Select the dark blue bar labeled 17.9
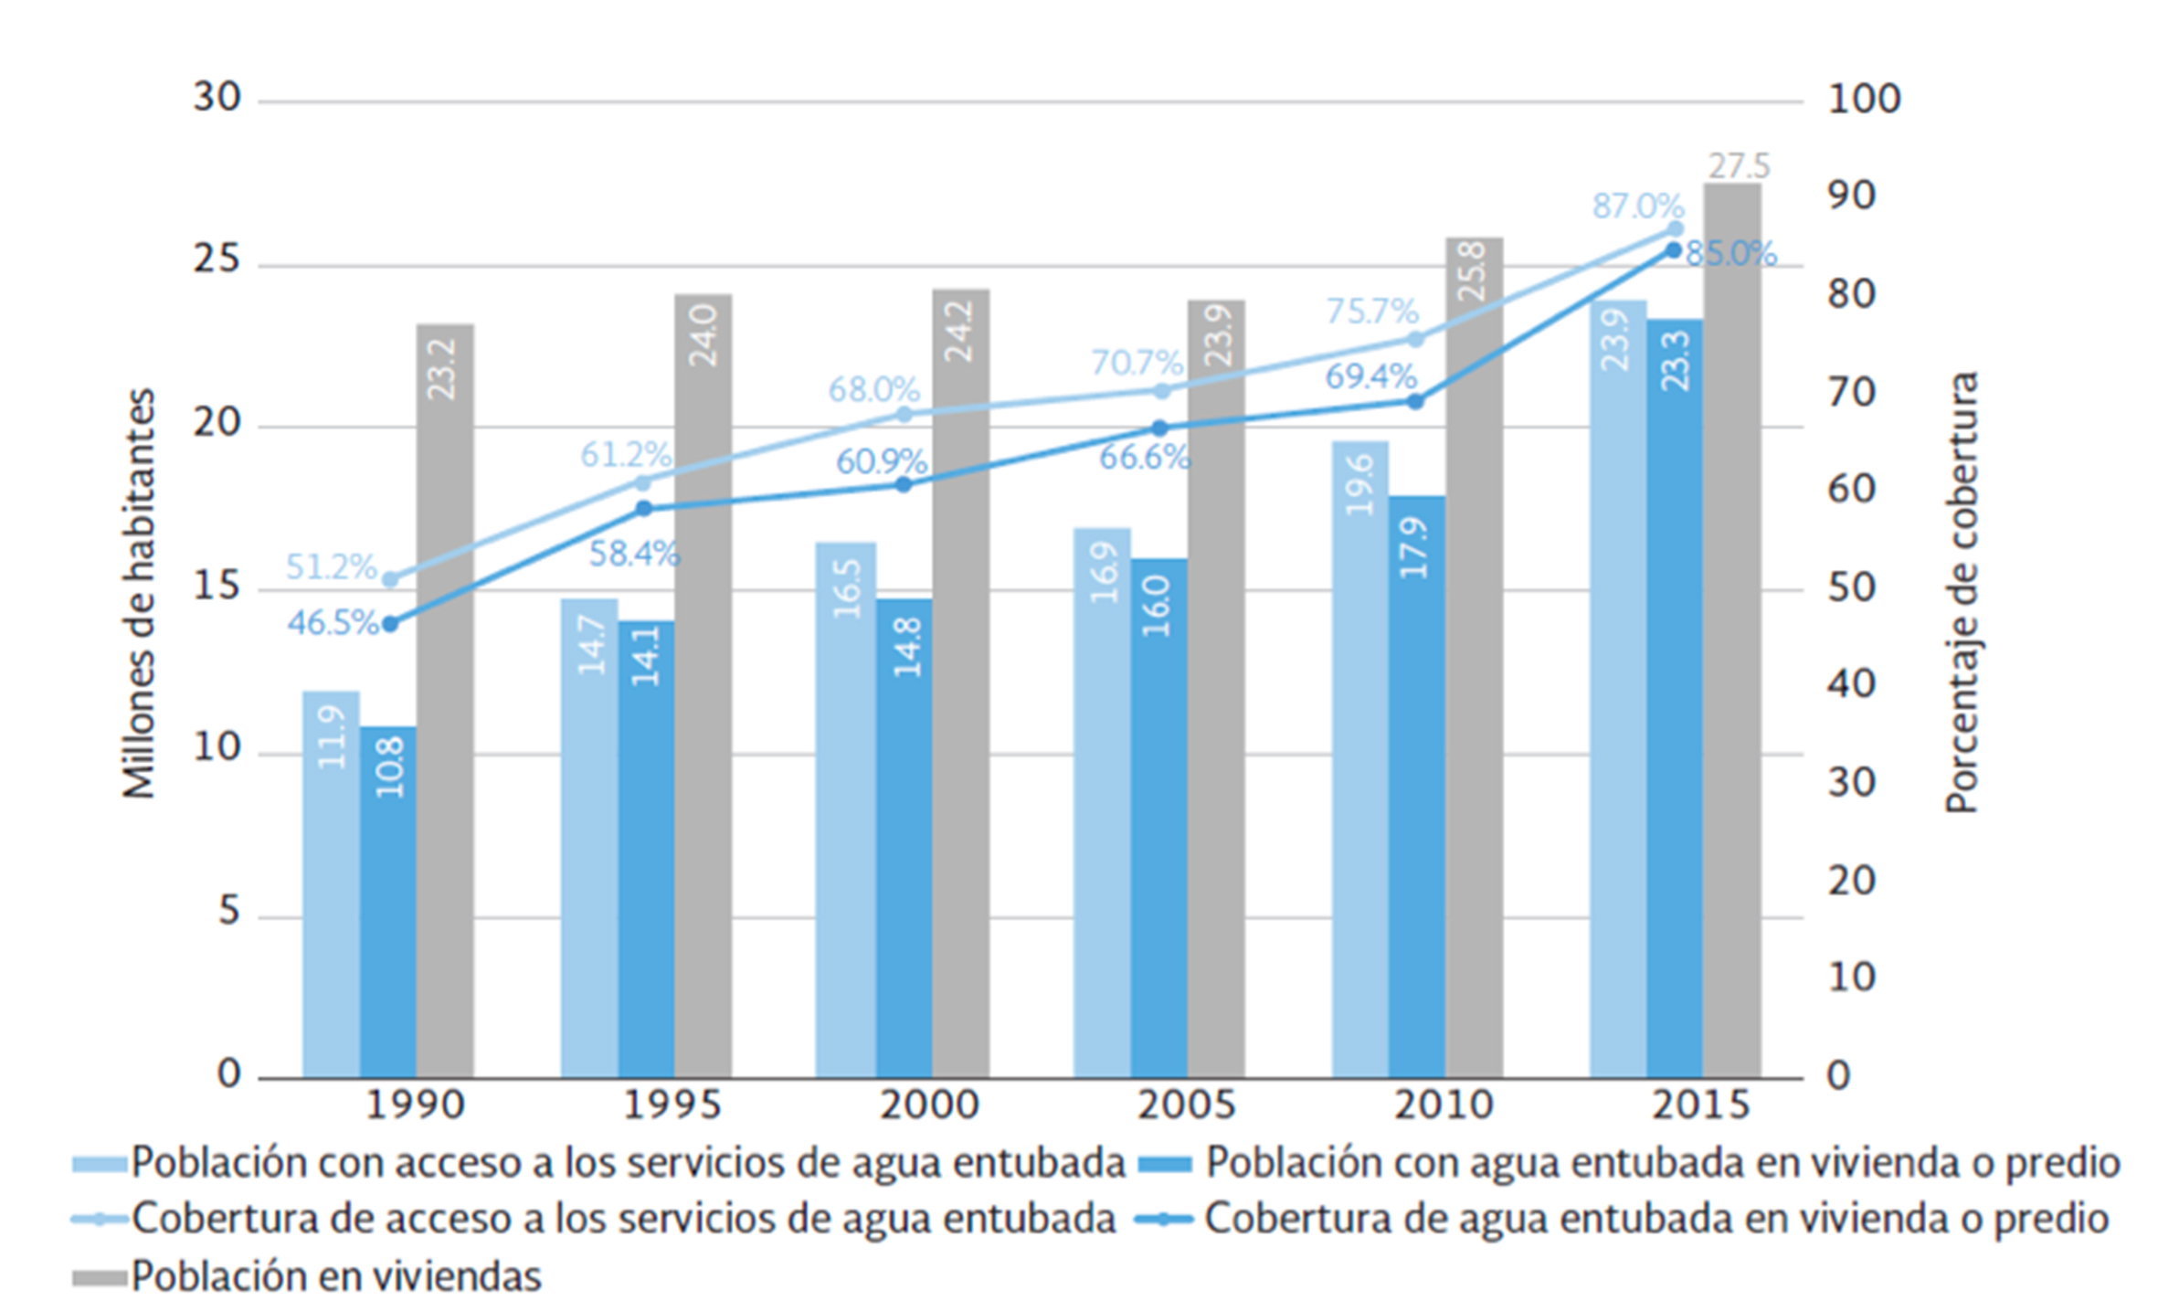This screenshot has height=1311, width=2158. pos(1416,786)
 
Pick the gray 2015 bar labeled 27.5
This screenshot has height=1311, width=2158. pos(1731,630)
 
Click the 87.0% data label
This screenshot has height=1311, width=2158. pos(1637,206)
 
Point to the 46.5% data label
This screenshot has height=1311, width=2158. pos(332,623)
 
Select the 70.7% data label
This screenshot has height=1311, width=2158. pos(1137,363)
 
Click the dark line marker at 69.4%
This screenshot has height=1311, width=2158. pos(1415,401)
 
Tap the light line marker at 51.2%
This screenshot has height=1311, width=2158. pos(390,579)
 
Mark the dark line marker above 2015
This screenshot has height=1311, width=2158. pos(1673,250)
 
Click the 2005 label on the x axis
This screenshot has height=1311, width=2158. pos(1186,1105)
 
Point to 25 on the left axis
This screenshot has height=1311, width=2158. pos(217,260)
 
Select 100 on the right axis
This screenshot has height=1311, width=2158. pos(1863,99)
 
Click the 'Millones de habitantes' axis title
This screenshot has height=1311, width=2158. pos(139,593)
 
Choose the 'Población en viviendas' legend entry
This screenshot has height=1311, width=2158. pos(335,1275)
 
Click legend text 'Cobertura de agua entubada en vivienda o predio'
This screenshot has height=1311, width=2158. pos(1656,1219)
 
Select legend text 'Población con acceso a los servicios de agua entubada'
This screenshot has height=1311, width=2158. pos(628,1163)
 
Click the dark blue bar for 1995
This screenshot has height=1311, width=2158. pos(646,850)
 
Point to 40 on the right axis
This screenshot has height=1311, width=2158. pos(1851,684)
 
